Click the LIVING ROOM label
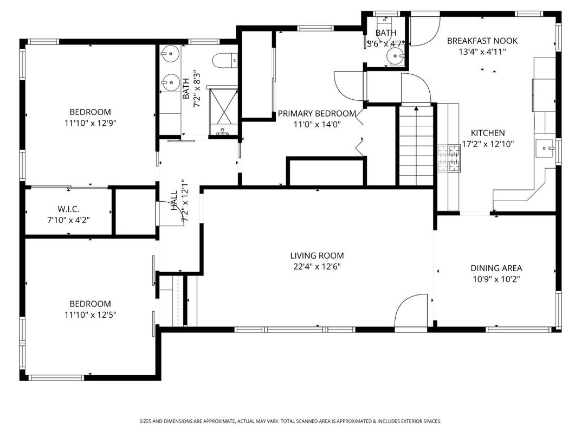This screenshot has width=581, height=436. (x=317, y=256)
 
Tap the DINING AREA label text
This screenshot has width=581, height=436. (x=496, y=268)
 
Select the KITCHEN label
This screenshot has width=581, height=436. (x=487, y=133)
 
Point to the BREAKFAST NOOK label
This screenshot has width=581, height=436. (x=482, y=41)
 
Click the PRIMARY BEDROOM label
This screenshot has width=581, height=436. (x=317, y=114)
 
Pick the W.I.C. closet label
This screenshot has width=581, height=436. (x=69, y=209)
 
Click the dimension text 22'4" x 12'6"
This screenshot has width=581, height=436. (x=317, y=266)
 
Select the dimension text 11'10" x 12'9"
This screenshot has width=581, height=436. (x=90, y=123)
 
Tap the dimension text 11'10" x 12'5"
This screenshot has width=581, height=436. (x=90, y=315)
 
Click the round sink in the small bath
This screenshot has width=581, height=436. (x=394, y=55)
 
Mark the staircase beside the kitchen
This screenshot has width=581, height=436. (x=416, y=145)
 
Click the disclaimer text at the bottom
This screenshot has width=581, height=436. (x=290, y=421)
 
